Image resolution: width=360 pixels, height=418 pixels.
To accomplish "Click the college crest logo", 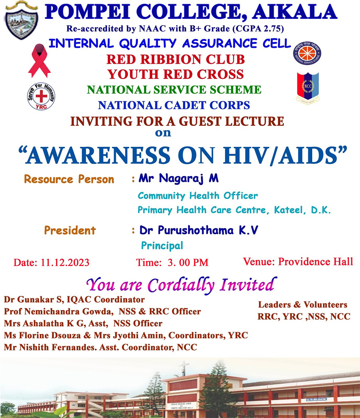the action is point(22,20).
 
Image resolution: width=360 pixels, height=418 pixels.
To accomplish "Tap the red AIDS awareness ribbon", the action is point(39,61).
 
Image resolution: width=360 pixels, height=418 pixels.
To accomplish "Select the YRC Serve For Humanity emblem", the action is point(41,96).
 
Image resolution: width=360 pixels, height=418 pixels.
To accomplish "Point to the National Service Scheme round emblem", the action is point(307,53).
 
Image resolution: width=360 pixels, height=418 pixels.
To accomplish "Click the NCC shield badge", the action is point(308,88).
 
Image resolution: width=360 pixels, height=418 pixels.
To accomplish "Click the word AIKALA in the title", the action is point(294,12).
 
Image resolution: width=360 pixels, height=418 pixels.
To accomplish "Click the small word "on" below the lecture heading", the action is point(163,132).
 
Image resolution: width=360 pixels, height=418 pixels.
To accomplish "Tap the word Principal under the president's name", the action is point(162,246).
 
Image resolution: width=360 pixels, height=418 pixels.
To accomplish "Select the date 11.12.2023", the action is point(65,262).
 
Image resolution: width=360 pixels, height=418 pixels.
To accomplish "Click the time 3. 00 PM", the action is point(188,262).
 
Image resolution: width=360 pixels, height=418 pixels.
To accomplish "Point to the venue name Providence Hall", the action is point(316,262).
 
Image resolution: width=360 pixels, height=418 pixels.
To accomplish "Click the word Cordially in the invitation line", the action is point(181,285).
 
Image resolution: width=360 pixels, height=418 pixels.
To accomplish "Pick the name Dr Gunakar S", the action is point(34,299).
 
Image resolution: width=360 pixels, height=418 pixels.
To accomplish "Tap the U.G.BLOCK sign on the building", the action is point(316,399).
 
